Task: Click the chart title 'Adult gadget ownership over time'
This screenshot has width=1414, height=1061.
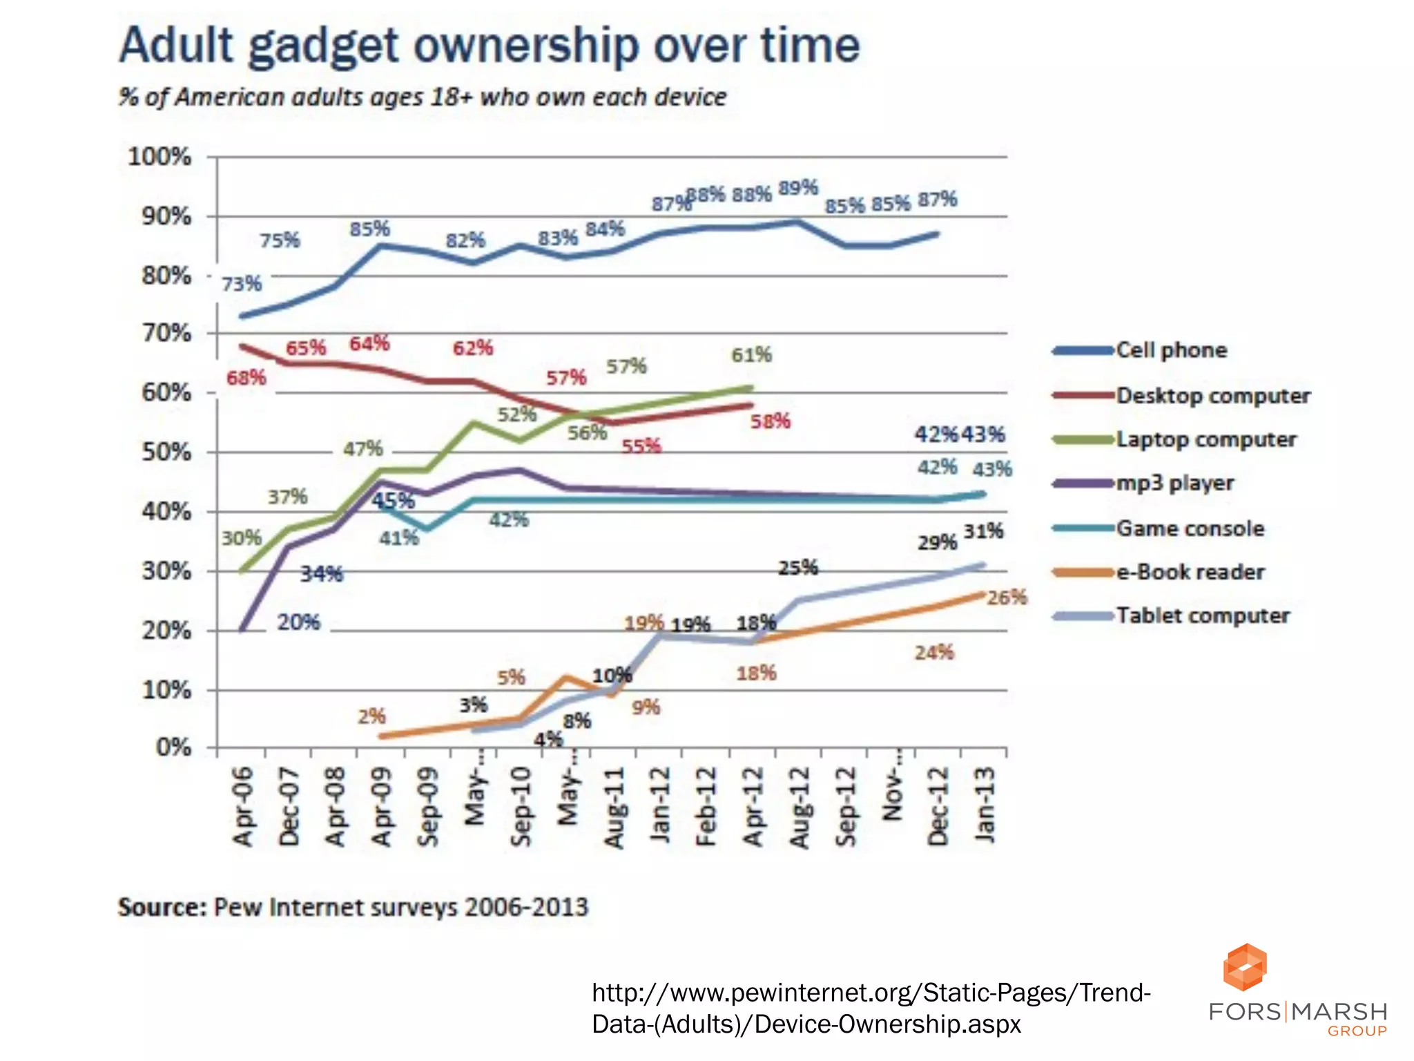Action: (489, 46)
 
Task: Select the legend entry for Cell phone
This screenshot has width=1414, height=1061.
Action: (1171, 350)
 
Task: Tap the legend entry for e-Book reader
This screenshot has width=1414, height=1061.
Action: (1190, 572)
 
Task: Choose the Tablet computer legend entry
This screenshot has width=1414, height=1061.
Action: (1203, 615)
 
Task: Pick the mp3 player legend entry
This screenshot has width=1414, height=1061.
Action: (1174, 483)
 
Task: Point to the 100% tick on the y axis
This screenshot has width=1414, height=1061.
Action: (159, 157)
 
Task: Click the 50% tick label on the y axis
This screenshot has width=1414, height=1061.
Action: (166, 452)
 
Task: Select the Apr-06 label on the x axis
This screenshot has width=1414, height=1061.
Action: (243, 806)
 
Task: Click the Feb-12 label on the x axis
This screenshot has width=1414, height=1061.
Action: (706, 806)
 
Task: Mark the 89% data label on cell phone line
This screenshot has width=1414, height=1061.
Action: (798, 188)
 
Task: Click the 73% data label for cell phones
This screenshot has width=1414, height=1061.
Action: (242, 284)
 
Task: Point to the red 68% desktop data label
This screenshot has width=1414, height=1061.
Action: (246, 378)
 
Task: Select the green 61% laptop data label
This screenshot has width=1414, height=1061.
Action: (751, 355)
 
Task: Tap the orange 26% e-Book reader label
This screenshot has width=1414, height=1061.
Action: (1007, 598)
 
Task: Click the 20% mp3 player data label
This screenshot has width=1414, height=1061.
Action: (299, 622)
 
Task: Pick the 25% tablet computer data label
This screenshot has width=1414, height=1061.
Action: (798, 568)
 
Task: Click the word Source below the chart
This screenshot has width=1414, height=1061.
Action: (162, 907)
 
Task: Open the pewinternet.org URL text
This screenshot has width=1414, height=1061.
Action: (871, 1008)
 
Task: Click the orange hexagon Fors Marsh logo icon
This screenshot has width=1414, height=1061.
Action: (1245, 966)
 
